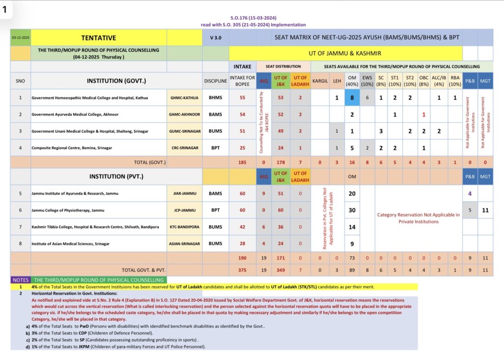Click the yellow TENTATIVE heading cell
(x=98, y=38)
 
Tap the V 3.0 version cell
(x=215, y=38)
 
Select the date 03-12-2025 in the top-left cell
(x=20, y=38)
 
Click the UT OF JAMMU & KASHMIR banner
(x=345, y=53)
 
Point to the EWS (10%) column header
(x=367, y=81)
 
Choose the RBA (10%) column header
(x=455, y=81)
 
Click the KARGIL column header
(x=320, y=81)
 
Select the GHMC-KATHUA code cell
(x=185, y=97)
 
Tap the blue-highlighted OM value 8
(x=352, y=97)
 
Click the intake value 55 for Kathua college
(x=242, y=97)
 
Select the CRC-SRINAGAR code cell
(x=185, y=148)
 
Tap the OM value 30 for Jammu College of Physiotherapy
(x=352, y=210)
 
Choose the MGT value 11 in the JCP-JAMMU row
(x=485, y=210)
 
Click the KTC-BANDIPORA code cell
(x=185, y=227)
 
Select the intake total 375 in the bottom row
(x=242, y=270)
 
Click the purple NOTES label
(x=21, y=279)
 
